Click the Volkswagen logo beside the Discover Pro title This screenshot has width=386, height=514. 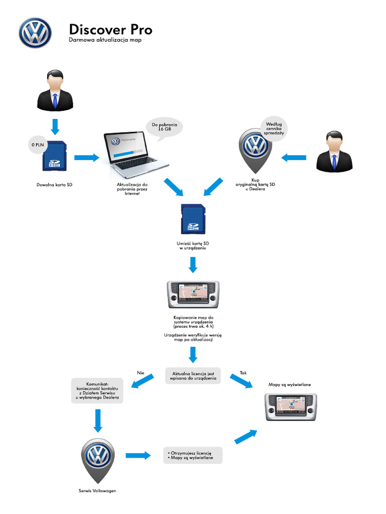35,33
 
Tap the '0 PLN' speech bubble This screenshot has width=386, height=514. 37,146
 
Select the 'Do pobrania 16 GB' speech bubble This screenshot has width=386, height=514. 164,126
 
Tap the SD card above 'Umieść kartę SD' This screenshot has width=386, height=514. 193,219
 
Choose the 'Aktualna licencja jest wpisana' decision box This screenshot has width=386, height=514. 193,376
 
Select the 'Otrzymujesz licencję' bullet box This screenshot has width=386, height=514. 192,455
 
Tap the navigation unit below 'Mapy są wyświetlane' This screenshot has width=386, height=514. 291,406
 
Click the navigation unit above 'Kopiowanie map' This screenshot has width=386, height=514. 193,295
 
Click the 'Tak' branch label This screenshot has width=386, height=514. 243,372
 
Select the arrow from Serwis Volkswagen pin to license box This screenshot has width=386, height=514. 138,455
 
